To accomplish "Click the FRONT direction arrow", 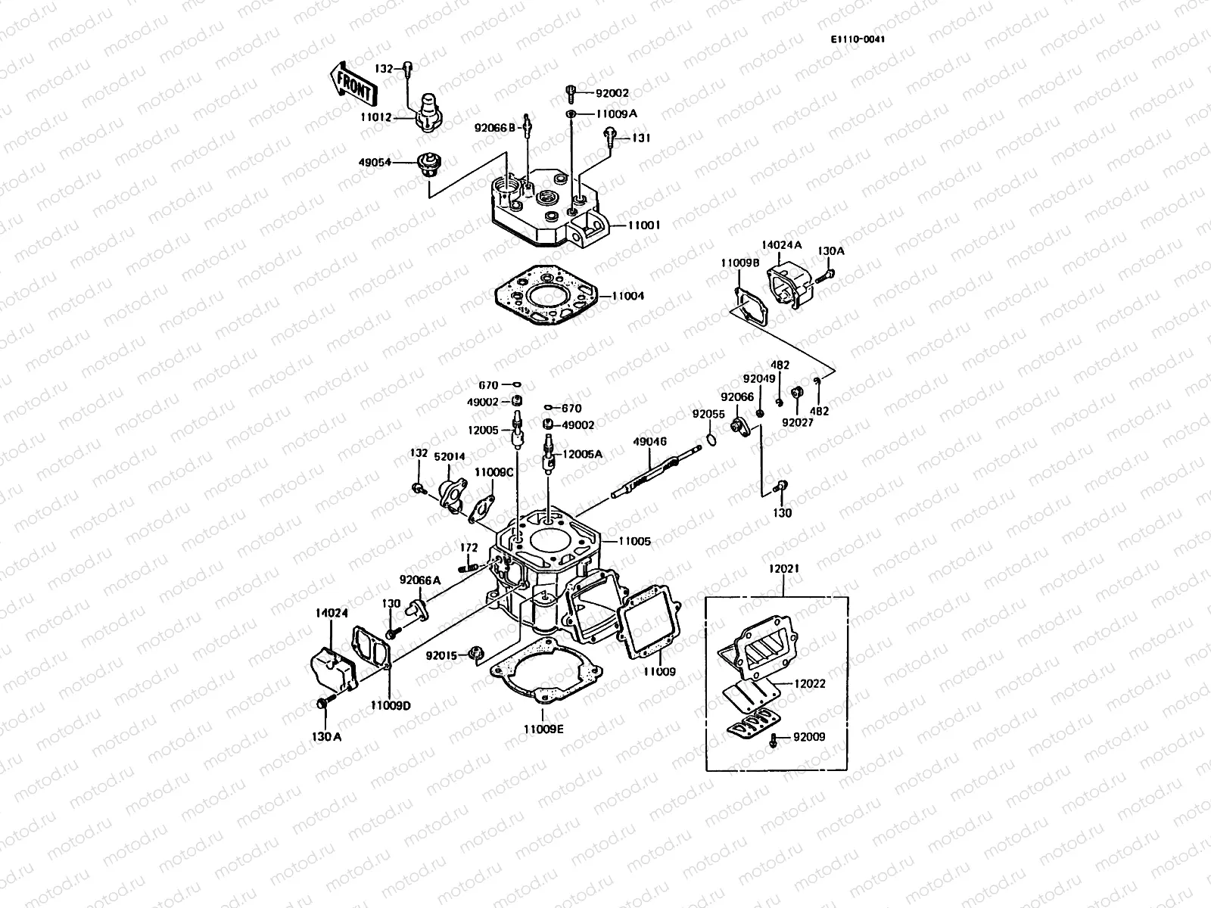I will (x=352, y=82).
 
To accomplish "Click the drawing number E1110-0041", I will (x=857, y=40).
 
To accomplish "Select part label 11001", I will (x=644, y=225).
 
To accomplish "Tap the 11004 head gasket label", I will (x=627, y=296).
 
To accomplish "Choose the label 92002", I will (x=612, y=94).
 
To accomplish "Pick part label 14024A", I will (x=781, y=245).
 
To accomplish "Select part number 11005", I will (x=634, y=542).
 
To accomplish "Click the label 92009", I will (x=809, y=737).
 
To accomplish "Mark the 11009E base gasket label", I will (x=543, y=729).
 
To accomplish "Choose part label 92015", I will (x=441, y=655).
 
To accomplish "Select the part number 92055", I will (x=708, y=414).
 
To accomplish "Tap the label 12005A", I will (x=582, y=454).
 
